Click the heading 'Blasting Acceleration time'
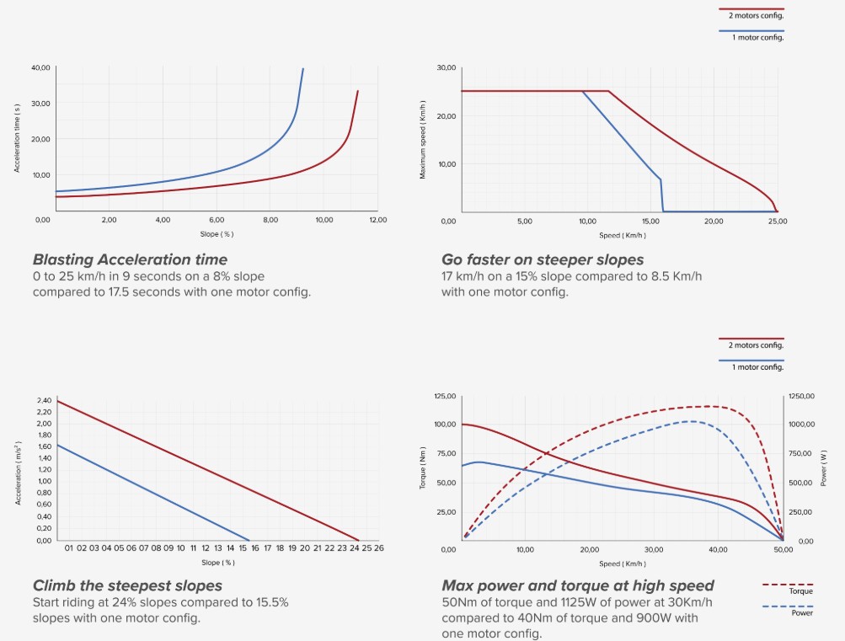coord(130,259)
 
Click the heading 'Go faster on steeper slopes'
coord(543,259)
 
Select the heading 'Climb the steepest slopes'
coord(127,585)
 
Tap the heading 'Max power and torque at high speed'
coord(578,585)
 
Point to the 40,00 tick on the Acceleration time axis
coord(40,67)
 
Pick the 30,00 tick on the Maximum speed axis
coord(447,67)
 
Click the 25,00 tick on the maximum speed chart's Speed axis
coord(778,222)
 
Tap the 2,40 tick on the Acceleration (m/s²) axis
coord(44,401)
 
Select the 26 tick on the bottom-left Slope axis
coord(379,548)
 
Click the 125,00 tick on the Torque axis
coord(445,396)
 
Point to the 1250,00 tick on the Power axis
coord(802,396)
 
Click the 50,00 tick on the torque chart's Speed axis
coord(783,549)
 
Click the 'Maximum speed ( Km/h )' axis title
coord(423,140)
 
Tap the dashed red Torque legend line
coord(788,584)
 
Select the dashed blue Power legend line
coord(788,606)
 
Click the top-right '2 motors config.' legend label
coord(756,14)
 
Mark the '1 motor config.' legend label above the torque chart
coord(757,366)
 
